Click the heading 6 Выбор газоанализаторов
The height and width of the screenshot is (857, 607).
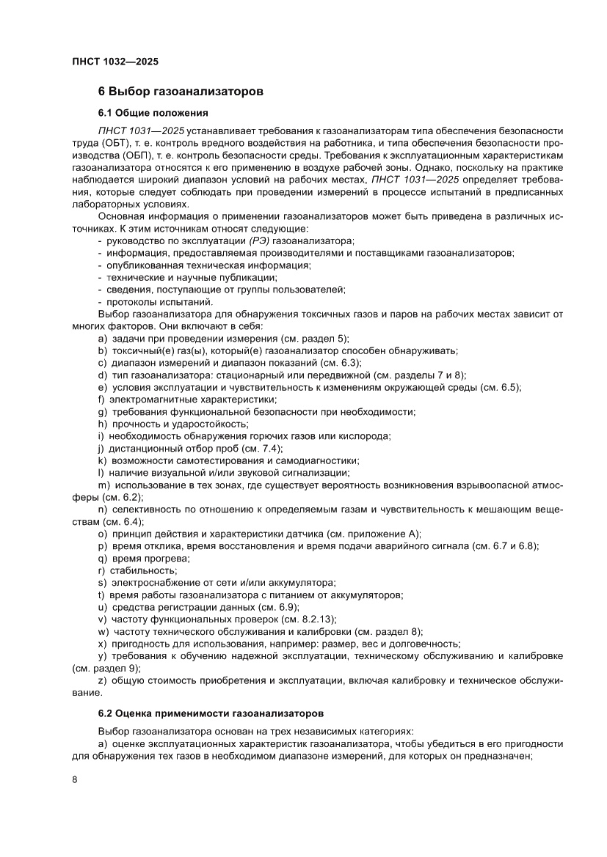point(181,92)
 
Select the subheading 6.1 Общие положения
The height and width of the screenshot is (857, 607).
point(153,113)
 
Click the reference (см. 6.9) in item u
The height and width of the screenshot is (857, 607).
point(276,607)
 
